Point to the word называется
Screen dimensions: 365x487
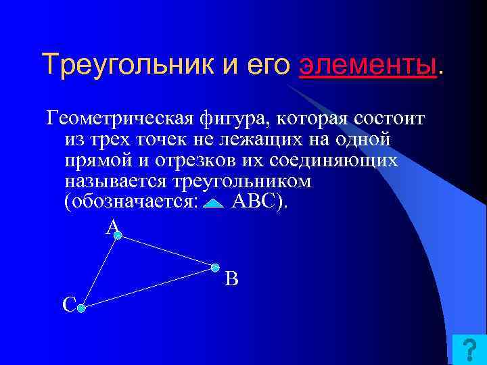[x=117, y=182]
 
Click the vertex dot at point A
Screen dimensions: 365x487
[x=118, y=235]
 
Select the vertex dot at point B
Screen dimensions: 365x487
[x=215, y=267]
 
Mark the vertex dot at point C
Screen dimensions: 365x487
[x=80, y=308]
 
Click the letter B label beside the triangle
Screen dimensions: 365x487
[x=231, y=278]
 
